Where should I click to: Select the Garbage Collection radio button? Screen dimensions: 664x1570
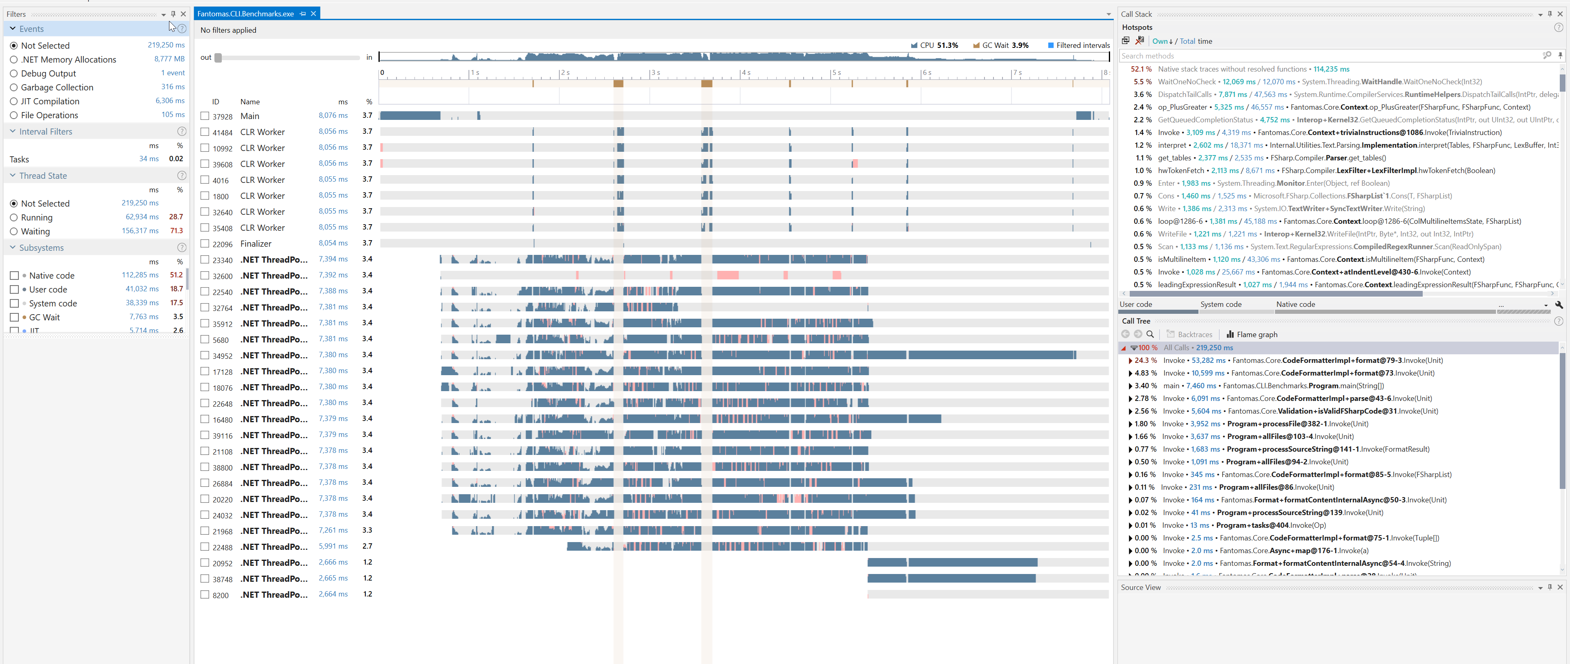click(14, 87)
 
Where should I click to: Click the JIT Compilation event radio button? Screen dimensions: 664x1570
click(14, 101)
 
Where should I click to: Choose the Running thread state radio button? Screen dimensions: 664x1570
click(14, 218)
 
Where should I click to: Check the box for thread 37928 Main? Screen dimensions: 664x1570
click(205, 116)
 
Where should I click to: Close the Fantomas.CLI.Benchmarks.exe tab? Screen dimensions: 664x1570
click(313, 14)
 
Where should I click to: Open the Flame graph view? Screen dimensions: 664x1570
click(1252, 334)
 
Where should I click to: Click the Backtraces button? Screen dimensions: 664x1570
click(1190, 334)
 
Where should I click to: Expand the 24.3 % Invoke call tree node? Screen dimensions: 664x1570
click(1131, 360)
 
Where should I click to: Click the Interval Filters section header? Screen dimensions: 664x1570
click(46, 132)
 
